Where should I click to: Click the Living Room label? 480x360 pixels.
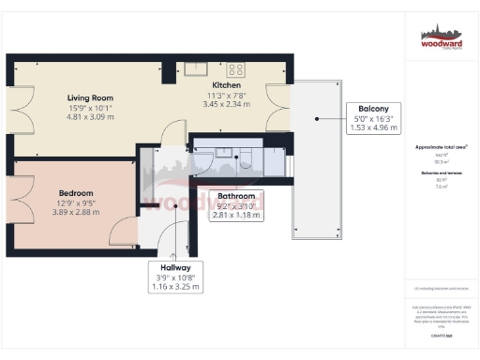coord(90,97)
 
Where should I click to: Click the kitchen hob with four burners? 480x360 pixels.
coord(234,67)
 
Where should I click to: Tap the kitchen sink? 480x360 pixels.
coord(196,67)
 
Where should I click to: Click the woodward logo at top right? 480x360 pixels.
coord(442,40)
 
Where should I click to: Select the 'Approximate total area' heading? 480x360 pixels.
coord(442,147)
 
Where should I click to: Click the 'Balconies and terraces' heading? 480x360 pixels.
coord(442,173)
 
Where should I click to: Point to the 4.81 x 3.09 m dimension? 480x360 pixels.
coord(90,117)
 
